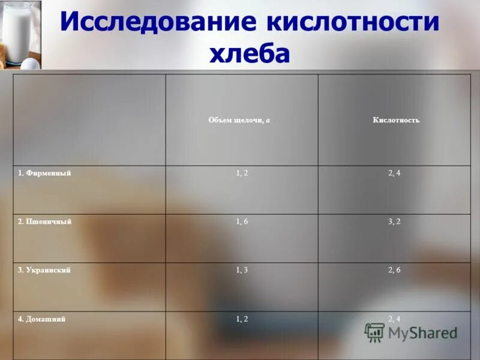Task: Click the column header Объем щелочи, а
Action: tap(239, 120)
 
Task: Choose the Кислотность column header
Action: tap(395, 120)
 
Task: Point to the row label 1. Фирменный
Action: tap(44, 173)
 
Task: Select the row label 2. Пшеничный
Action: tap(44, 221)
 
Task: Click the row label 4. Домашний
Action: tap(41, 319)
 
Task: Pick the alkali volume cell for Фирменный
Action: tap(242, 173)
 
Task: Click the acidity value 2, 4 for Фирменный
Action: tap(394, 173)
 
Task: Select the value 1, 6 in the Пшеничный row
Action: tap(242, 221)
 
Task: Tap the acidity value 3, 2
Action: tap(394, 221)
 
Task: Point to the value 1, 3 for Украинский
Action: tap(242, 270)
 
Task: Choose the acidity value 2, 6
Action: tap(394, 270)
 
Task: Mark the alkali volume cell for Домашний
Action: tap(242, 319)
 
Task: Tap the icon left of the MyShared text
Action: tap(375, 332)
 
